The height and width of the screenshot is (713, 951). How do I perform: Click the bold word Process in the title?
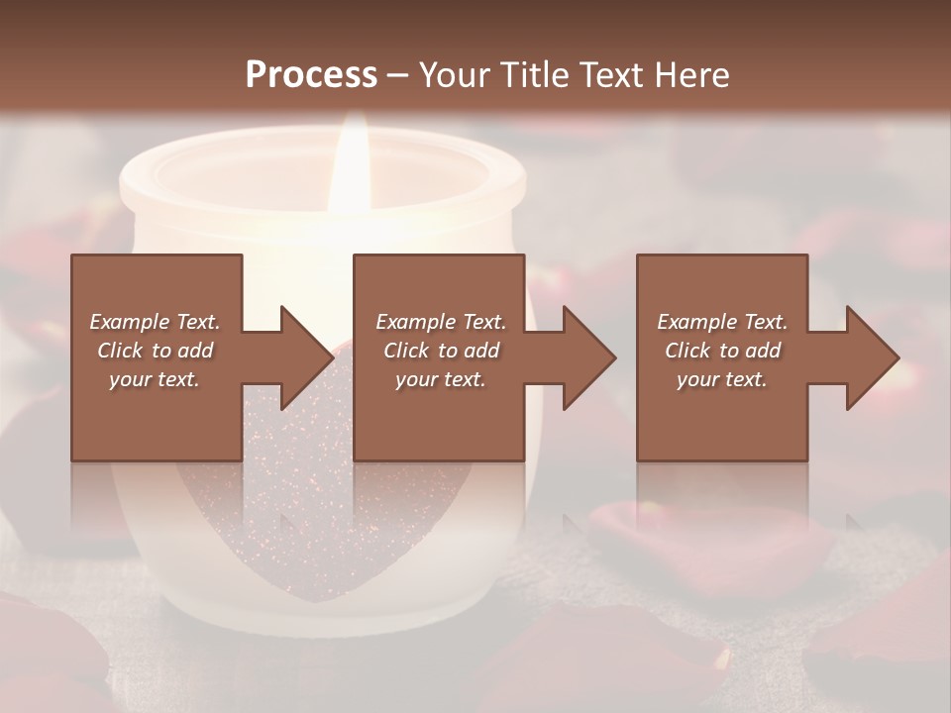311,75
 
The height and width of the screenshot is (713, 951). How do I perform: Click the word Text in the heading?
609,75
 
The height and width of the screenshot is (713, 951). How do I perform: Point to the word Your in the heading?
455,75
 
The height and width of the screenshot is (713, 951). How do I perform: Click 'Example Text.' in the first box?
155,322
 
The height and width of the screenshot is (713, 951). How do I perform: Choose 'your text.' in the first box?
155,379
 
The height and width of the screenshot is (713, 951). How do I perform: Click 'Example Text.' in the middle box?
441,322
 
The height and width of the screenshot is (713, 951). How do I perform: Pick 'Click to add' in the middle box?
441,351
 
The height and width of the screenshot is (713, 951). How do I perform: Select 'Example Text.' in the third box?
722,322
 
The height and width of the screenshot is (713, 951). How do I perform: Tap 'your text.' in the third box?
722,379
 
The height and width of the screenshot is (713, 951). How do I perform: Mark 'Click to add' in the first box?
155,351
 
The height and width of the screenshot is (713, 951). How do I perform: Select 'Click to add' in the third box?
722,351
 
